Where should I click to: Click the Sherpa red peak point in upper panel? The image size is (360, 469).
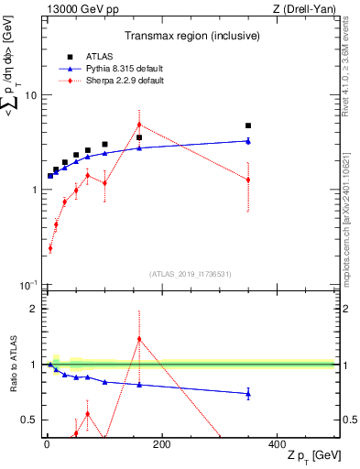pyautogui.click(x=139, y=125)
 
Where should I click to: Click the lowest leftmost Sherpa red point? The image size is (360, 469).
pyautogui.click(x=50, y=248)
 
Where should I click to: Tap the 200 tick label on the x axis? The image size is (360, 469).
pyautogui.click(x=162, y=444)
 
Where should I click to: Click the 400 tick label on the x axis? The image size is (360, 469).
pyautogui.click(x=277, y=444)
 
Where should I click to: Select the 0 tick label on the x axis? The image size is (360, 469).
pyautogui.click(x=47, y=444)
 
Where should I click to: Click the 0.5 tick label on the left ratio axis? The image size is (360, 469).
pyautogui.click(x=30, y=420)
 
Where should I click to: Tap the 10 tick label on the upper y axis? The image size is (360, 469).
pyautogui.click(x=31, y=95)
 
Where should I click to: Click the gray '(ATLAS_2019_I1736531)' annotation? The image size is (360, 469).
pyautogui.click(x=189, y=273)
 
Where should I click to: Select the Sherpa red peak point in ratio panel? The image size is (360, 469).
pyautogui.click(x=139, y=339)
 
